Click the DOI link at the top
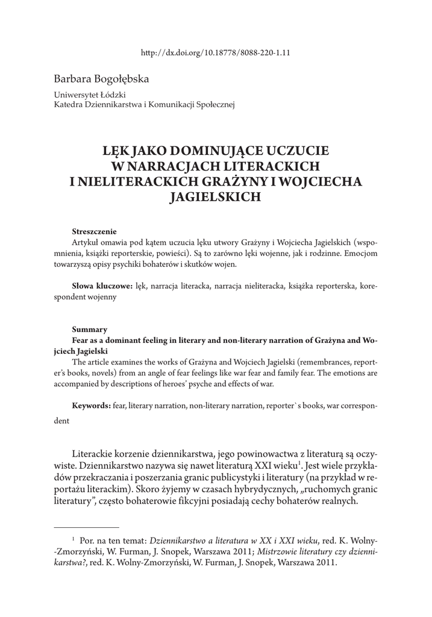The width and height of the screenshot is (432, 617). point(216,52)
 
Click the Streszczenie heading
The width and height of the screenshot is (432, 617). point(94,231)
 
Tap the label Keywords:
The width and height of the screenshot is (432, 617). point(91,406)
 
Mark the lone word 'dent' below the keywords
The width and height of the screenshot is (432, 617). point(61,422)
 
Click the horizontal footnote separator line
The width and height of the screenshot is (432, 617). point(86,527)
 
